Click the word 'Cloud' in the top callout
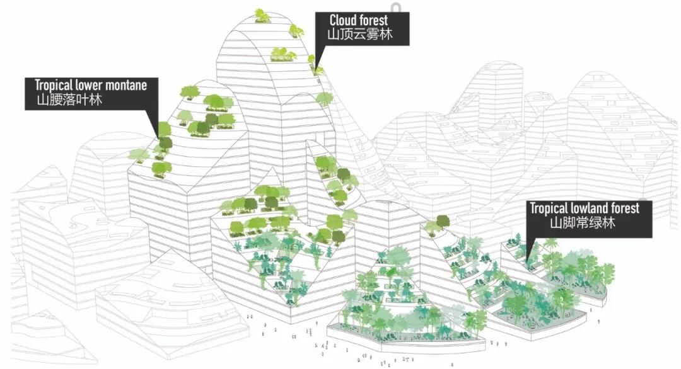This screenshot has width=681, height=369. pos(341,20)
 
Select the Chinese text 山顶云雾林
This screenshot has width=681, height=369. pos(360,34)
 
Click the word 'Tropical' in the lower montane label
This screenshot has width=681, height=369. pos(54,84)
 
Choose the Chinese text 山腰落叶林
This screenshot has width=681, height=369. pos(69,100)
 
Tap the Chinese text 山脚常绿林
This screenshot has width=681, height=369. pos(583,223)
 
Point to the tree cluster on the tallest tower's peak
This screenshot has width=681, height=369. pos(262,15)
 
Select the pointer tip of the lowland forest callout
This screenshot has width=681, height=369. pos(527,261)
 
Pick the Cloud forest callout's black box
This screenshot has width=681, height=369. pos(362,28)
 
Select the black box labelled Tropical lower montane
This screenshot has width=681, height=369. pos(91,93)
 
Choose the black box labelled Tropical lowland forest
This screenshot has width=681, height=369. pos(590,219)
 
